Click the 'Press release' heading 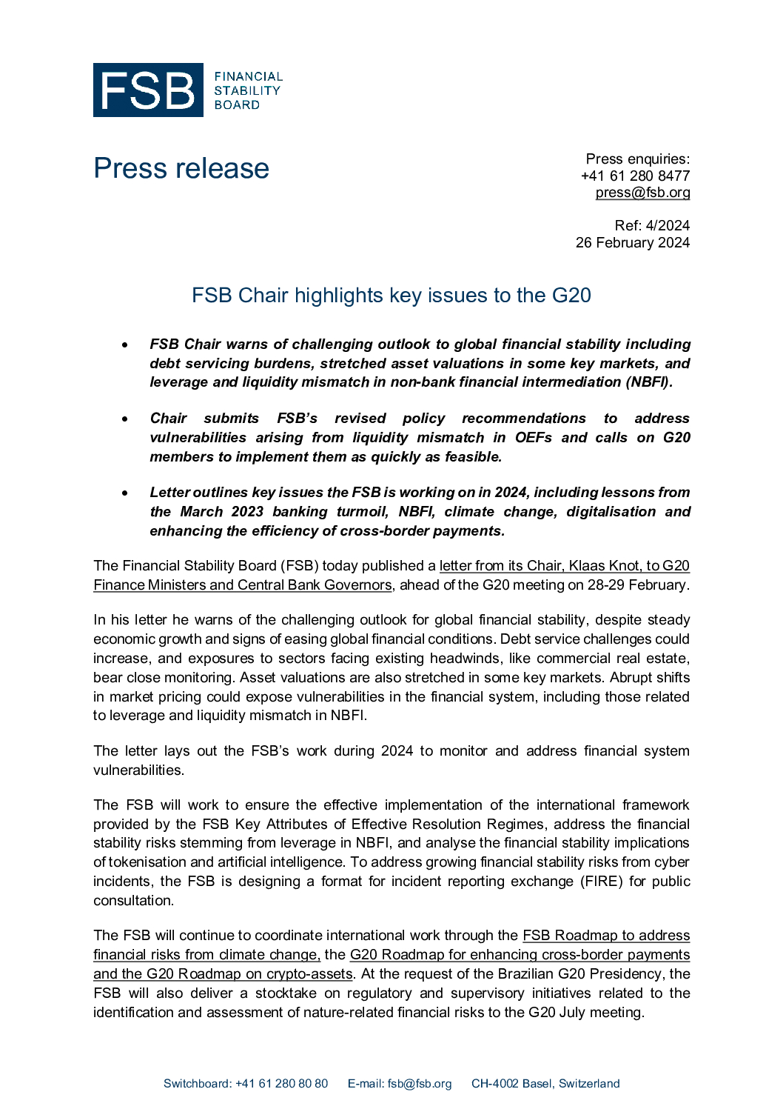pos(181,168)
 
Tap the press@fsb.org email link pos(642,193)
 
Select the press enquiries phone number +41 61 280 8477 pos(635,176)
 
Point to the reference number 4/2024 pos(668,225)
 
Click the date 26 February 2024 pos(633,242)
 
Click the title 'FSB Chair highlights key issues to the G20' pos(391,295)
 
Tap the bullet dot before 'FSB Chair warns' pos(126,344)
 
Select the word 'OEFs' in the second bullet pos(534,438)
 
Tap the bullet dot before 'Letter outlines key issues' pos(126,493)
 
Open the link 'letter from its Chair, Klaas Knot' pos(564,566)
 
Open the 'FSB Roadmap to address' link pos(606,936)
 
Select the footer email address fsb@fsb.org pos(420,1084)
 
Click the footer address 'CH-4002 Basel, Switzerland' pos(545,1084)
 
